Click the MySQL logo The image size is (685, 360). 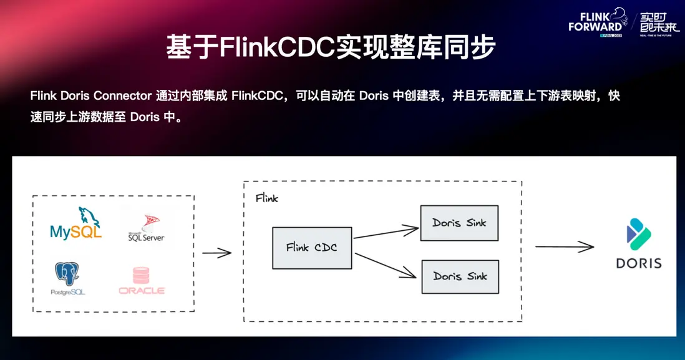tap(76, 225)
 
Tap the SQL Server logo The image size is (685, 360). tap(146, 228)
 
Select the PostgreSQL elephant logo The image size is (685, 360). tap(68, 278)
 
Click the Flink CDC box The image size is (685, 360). tap(312, 248)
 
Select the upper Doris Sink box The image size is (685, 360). tap(460, 223)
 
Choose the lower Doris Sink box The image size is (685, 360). tap(460, 276)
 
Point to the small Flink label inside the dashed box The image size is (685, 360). tap(267, 198)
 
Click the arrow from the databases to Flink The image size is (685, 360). tap(216, 253)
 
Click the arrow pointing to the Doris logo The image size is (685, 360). tap(565, 247)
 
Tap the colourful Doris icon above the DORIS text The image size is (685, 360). tap(638, 234)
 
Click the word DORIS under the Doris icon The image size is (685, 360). tap(638, 263)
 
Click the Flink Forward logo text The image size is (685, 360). tap(595, 22)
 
